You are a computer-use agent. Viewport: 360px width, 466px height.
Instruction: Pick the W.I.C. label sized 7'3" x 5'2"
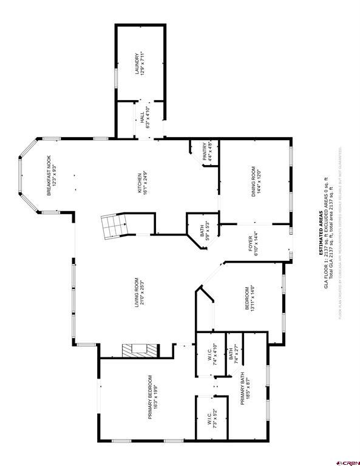[x=210, y=419]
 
